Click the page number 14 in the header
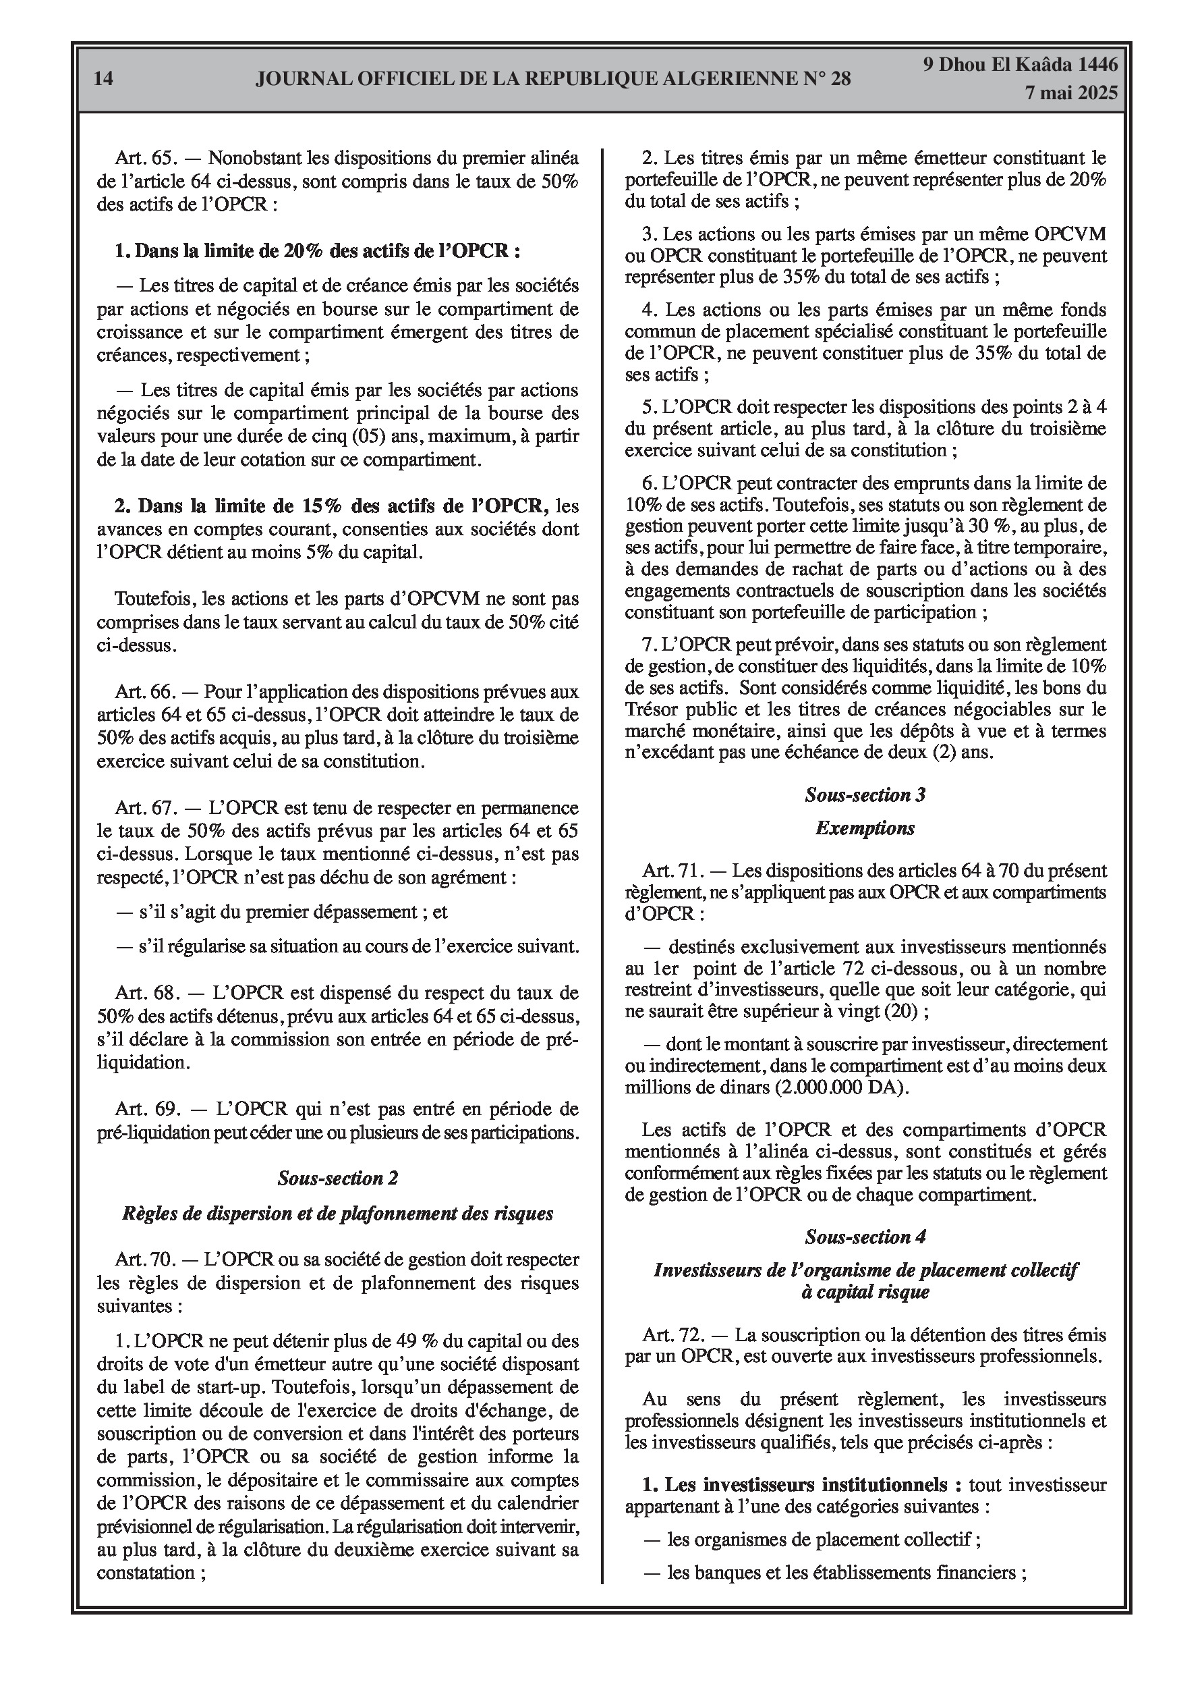coord(104,78)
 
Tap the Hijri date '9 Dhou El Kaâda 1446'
coord(1020,65)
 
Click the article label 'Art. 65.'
coord(146,158)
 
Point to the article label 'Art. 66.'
coord(146,691)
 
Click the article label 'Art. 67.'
coord(146,807)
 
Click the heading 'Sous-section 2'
coord(338,1179)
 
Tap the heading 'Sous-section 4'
coord(865,1237)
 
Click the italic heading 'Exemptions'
coord(865,828)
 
